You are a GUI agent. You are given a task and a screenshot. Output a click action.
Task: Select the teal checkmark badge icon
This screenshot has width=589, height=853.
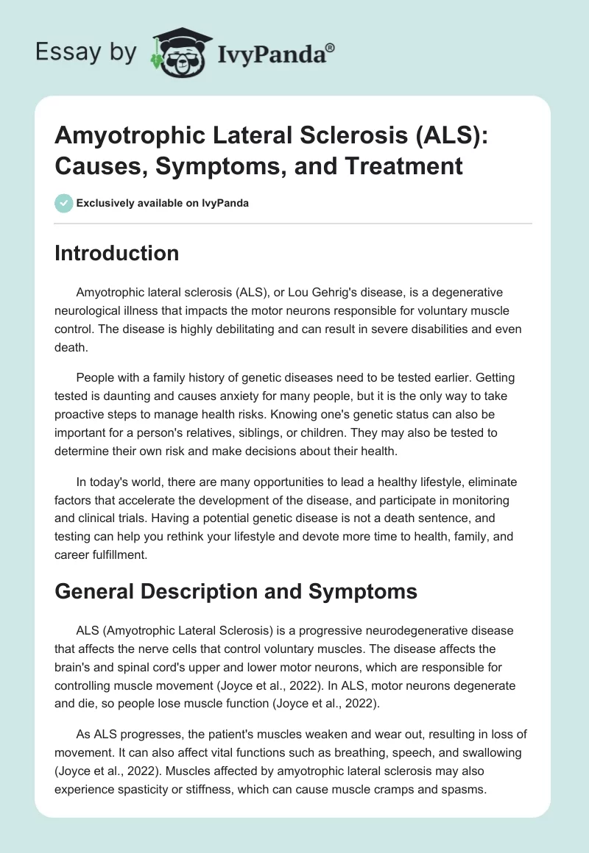coord(64,203)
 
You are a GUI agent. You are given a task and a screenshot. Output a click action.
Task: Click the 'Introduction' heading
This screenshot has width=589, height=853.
coord(117,253)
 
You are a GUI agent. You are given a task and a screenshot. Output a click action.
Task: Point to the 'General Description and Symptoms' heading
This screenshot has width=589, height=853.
coord(236,590)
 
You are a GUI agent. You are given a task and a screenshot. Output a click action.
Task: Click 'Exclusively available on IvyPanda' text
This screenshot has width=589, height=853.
coord(162,203)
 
